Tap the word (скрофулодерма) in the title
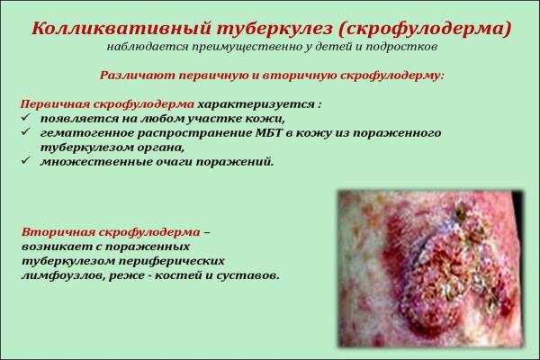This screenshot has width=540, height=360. click(x=425, y=29)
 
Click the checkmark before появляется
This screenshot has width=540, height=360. click(x=26, y=118)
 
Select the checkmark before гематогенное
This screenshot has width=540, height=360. click(x=26, y=132)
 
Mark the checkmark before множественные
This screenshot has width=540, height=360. click(x=26, y=161)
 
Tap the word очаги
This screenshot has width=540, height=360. click(x=175, y=162)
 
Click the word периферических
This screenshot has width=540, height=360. click(x=172, y=261)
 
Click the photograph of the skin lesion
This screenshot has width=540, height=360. click(x=430, y=268)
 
